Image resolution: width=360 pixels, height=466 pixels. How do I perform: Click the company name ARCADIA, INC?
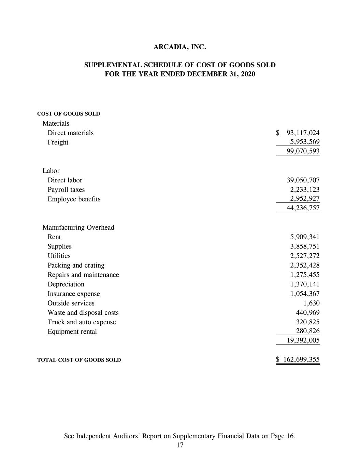coord(180,47)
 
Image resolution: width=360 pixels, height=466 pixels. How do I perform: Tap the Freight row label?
coord(58,142)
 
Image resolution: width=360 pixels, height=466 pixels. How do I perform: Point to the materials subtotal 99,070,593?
coord(303,151)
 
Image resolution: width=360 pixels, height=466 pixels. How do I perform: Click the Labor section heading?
coord(51,171)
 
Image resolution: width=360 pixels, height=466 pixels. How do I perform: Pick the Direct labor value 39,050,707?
coord(303,180)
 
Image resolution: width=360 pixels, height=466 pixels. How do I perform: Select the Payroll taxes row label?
coord(66,190)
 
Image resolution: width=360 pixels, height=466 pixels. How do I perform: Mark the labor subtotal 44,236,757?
coord(303,208)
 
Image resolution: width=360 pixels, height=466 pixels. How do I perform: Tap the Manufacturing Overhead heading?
coord(78,227)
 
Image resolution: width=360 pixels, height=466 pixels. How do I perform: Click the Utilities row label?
coord(59,256)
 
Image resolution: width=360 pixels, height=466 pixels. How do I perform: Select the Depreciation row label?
coord(66,284)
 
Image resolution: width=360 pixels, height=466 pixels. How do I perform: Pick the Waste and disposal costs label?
coord(83,313)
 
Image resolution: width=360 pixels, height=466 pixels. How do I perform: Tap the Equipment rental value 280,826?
coord(307,331)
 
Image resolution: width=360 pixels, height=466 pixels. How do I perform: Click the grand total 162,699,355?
coord(301,359)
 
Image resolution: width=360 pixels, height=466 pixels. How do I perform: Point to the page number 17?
coord(180,445)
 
